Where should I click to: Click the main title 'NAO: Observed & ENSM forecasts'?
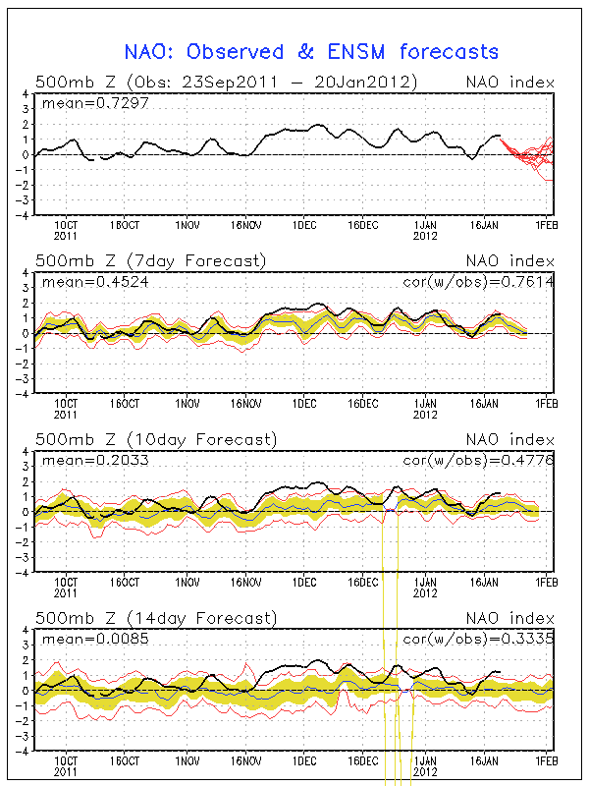pos(311,51)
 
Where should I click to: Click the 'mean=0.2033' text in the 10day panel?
pos(81,461)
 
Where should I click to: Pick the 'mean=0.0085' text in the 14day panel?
pos(81,640)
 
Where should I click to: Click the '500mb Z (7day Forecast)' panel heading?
pos(150,261)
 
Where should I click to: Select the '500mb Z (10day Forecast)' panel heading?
pos(155,439)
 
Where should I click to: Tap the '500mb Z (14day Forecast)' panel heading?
pos(155,618)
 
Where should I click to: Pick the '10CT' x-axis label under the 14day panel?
pos(66,760)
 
